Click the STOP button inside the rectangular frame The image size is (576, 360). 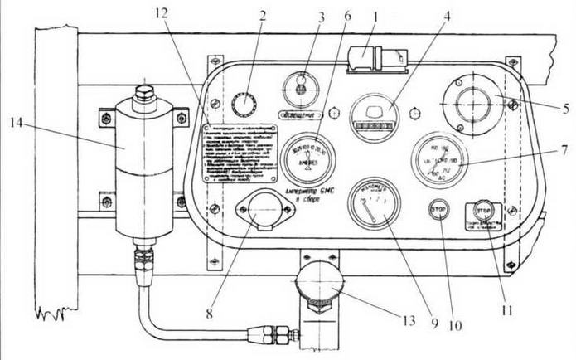tap(486, 211)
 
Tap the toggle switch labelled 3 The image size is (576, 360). tap(301, 85)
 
